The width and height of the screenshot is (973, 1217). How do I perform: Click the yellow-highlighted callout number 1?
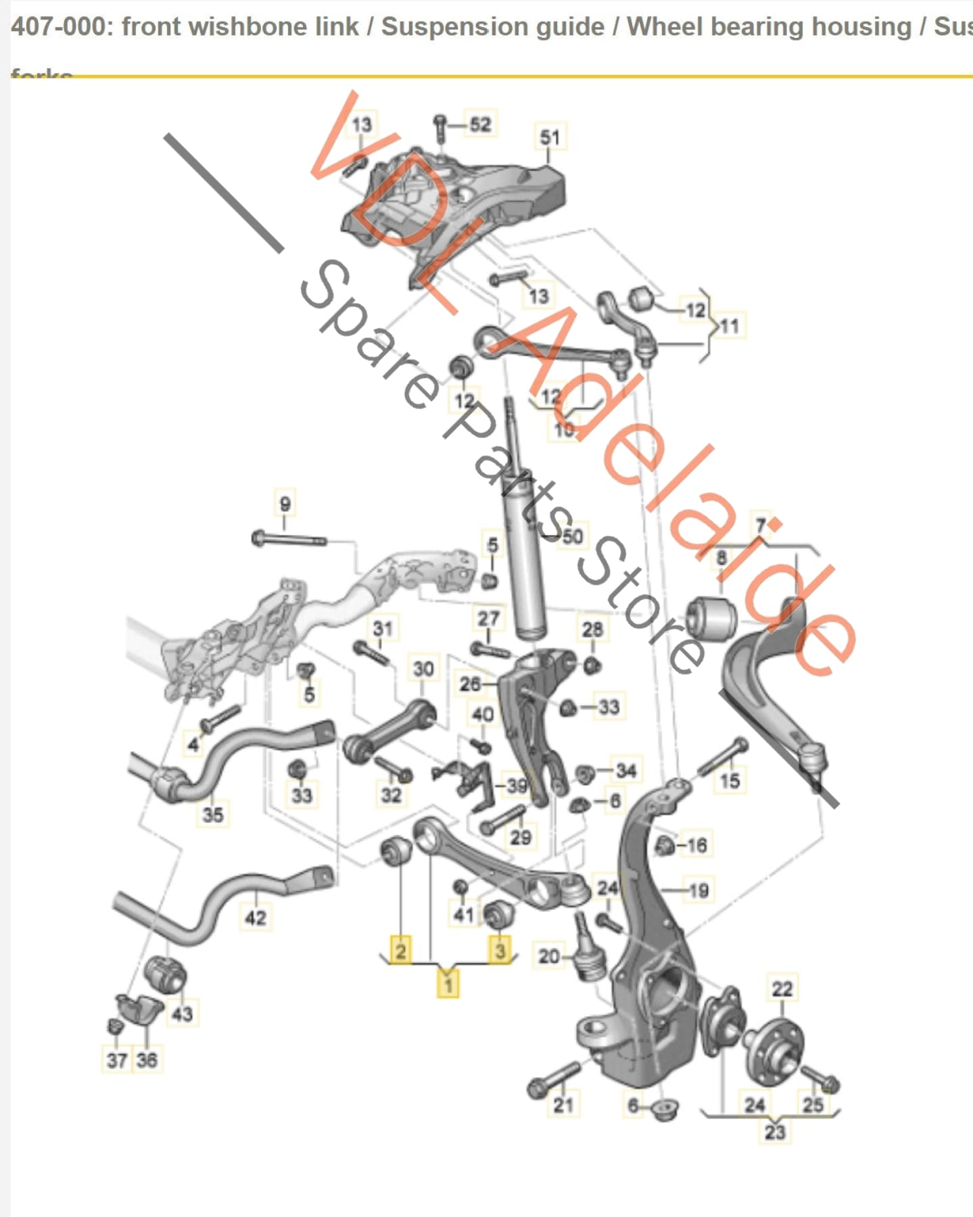(x=448, y=983)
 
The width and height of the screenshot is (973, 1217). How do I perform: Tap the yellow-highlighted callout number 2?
(x=400, y=950)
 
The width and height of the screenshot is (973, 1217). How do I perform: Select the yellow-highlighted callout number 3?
(x=500, y=950)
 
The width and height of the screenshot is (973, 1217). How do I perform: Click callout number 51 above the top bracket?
(x=550, y=137)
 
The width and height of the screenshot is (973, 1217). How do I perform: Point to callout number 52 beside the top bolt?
(x=480, y=124)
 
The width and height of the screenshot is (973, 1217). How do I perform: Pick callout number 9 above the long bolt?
(x=285, y=504)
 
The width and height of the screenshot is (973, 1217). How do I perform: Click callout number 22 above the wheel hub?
(x=782, y=988)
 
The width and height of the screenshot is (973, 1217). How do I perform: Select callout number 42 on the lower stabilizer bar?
(x=255, y=917)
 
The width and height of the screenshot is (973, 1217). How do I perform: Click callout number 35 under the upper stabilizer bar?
(x=212, y=813)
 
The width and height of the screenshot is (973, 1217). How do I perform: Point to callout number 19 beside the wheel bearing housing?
(x=698, y=890)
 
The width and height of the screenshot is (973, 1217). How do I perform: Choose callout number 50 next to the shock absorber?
(x=572, y=536)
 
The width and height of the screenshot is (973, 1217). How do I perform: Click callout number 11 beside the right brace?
(x=730, y=327)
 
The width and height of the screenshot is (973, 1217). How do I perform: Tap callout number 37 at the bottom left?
(x=116, y=1059)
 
